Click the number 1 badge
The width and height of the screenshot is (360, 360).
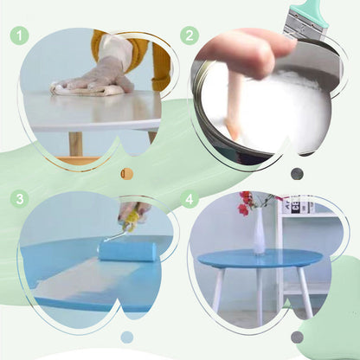pyautogui.click(x=20, y=35)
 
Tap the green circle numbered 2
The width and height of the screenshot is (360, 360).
pyautogui.click(x=190, y=35)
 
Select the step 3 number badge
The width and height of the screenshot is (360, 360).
pyautogui.click(x=20, y=198)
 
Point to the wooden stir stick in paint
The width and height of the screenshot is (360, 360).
pyautogui.click(x=234, y=108)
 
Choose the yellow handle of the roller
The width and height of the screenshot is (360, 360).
pyautogui.click(x=129, y=212)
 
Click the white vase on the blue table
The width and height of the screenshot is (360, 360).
pyautogui.click(x=259, y=233)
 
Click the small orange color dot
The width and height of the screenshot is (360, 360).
pyautogui.click(x=127, y=173)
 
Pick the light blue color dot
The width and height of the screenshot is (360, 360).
pyautogui.click(x=127, y=337)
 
